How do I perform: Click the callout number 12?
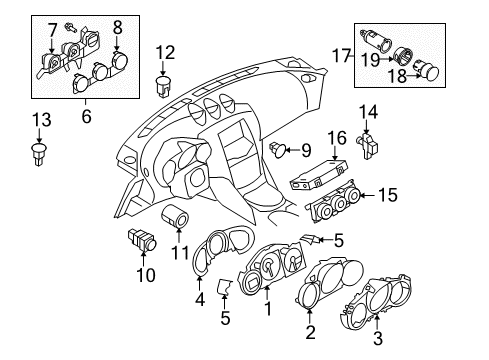(x=164, y=52)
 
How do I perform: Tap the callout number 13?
(x=39, y=121)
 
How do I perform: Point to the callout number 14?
(x=368, y=113)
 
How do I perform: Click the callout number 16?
(x=338, y=137)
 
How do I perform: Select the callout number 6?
(x=86, y=116)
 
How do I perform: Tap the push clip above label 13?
(x=39, y=153)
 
